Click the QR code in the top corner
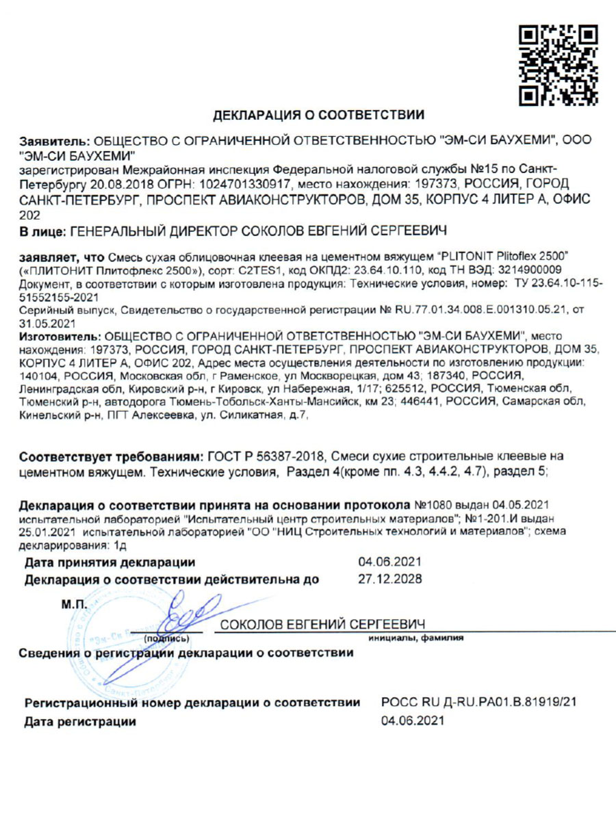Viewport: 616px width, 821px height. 559,66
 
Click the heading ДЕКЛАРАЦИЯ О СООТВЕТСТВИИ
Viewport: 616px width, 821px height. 319,114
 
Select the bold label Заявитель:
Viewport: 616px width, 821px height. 54,140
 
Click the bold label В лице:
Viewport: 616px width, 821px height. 42,233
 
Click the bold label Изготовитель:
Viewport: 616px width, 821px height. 59,337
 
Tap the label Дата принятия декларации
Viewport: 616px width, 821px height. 110,563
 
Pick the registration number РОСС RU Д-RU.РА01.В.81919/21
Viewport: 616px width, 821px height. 478,703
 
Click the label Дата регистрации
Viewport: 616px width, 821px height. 80,721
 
